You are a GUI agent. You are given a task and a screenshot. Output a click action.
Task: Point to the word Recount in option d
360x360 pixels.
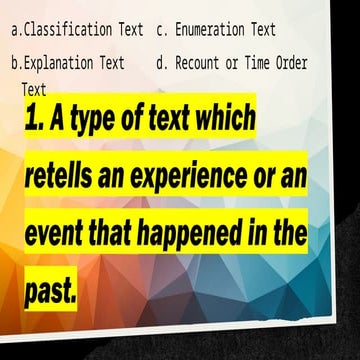coord(201,63)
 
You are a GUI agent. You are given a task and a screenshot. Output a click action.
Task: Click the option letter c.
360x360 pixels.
coord(161,30)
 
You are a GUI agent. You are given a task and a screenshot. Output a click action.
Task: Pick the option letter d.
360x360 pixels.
coord(161,63)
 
